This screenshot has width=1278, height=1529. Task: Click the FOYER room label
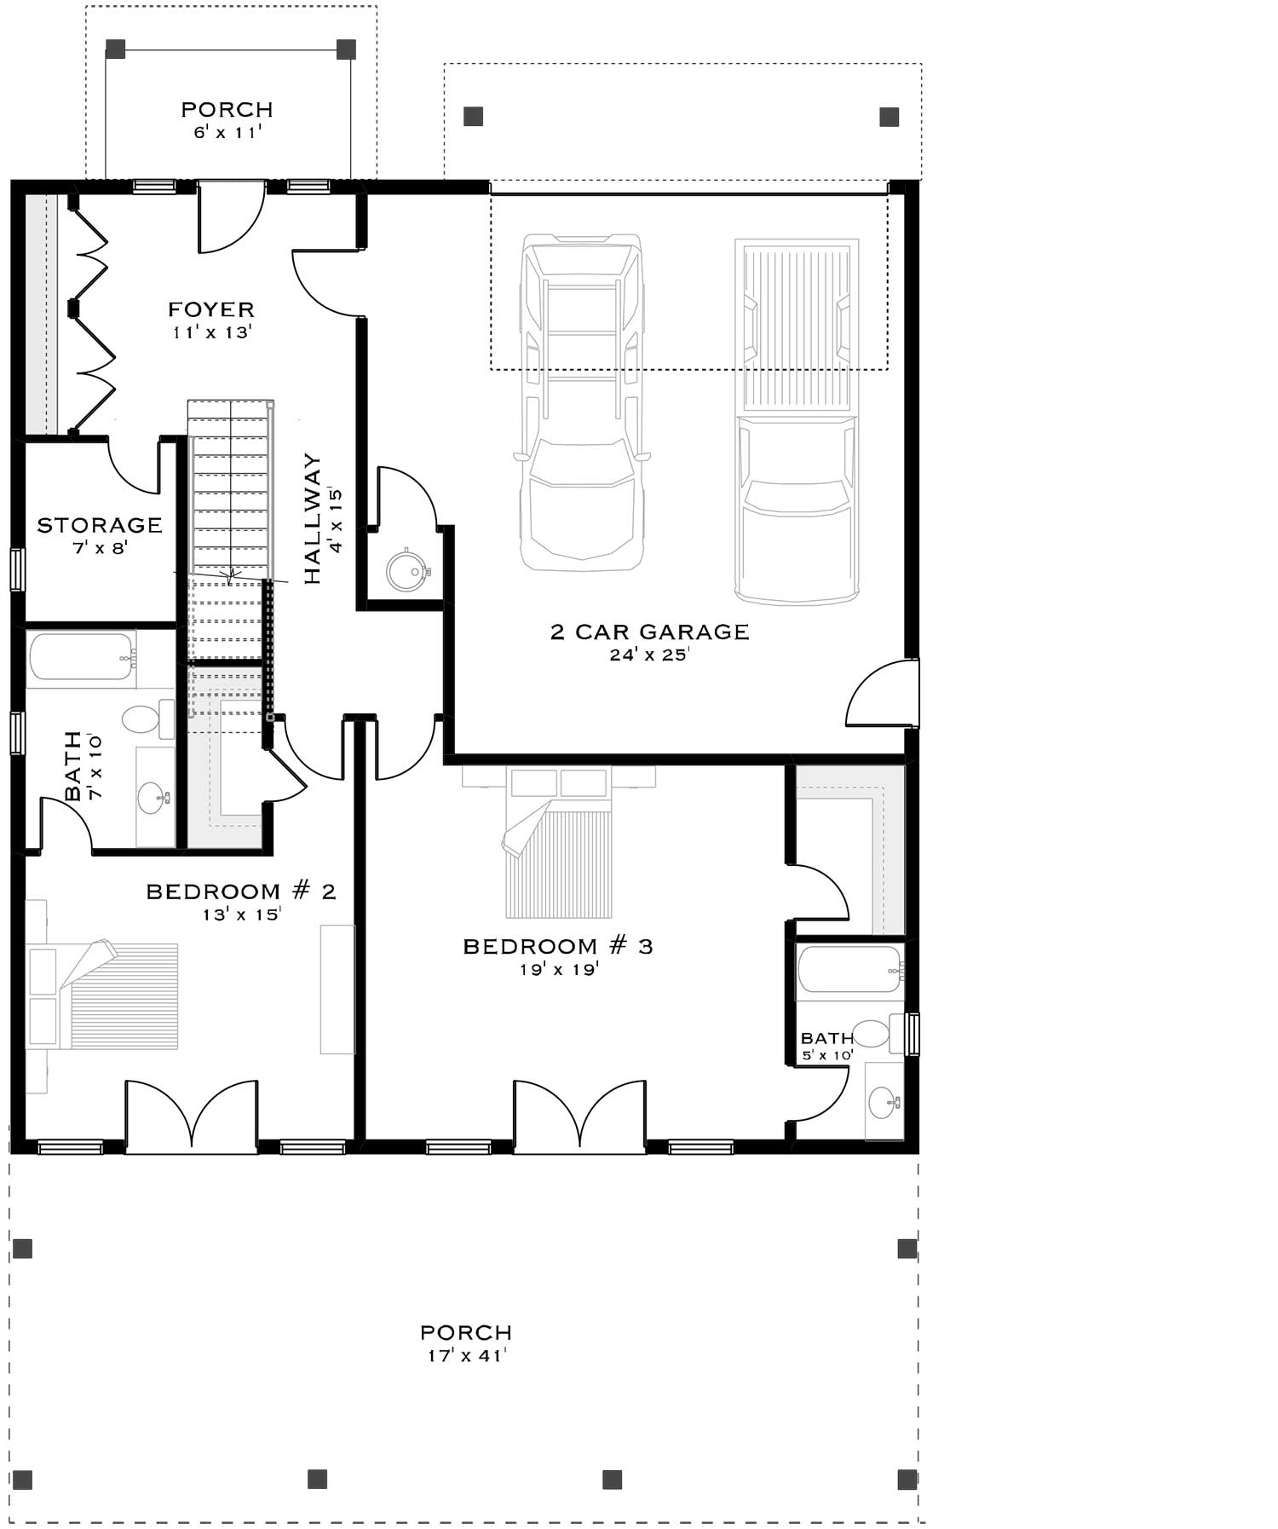(x=210, y=309)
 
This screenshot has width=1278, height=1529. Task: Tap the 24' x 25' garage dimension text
(x=648, y=655)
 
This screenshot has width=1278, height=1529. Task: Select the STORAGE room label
(x=100, y=525)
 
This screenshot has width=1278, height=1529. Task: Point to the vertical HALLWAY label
(x=313, y=518)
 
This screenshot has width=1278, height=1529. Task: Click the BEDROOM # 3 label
(x=557, y=946)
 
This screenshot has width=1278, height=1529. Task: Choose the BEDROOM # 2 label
(x=241, y=891)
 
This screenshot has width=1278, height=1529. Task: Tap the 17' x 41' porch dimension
(x=466, y=1355)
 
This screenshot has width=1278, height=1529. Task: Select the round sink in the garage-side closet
(x=406, y=571)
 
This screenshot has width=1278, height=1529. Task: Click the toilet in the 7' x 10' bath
(x=145, y=718)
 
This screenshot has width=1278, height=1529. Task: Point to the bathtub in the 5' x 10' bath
(x=849, y=970)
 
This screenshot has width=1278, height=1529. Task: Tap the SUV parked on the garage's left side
(x=582, y=401)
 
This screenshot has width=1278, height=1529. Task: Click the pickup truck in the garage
(x=797, y=422)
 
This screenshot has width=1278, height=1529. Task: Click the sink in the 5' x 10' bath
(x=883, y=1103)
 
